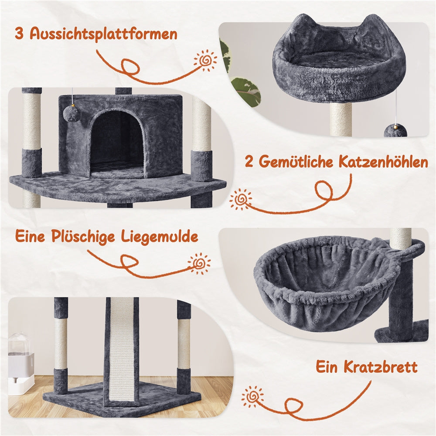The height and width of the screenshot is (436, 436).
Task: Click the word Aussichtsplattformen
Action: click(103, 34)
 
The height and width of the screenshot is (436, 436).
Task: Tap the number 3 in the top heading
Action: click(20, 33)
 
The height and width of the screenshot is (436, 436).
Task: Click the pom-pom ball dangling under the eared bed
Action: click(395, 130)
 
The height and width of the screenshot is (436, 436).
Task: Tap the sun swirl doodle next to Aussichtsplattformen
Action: click(205, 60)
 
